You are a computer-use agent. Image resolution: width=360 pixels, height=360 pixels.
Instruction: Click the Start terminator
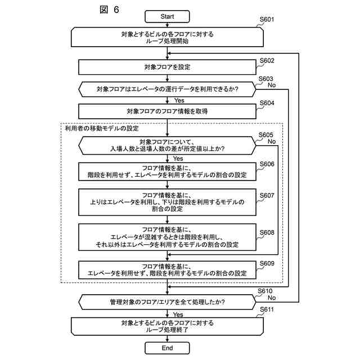(167, 16)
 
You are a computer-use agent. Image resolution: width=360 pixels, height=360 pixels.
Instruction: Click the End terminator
(167, 348)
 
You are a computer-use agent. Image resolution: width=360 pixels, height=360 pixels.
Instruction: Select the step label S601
(267, 20)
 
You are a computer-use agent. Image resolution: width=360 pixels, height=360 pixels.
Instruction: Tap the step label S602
(267, 61)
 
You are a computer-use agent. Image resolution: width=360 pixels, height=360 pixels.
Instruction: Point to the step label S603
(265, 79)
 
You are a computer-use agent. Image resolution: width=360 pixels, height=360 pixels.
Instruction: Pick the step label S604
(267, 103)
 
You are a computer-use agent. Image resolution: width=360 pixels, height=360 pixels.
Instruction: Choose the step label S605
(265, 135)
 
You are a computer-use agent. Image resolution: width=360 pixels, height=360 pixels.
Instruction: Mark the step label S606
(267, 164)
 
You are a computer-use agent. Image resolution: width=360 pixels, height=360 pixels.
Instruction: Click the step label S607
(267, 195)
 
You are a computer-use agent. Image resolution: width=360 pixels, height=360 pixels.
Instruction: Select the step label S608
(267, 232)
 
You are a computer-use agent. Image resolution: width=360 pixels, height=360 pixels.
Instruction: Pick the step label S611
(267, 310)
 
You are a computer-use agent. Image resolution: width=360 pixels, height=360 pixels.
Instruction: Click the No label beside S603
(272, 85)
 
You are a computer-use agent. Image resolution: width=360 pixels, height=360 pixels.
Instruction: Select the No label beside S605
(272, 142)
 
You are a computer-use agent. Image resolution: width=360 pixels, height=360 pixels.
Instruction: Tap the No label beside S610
(272, 298)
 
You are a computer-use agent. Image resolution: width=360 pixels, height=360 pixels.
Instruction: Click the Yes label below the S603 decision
(179, 101)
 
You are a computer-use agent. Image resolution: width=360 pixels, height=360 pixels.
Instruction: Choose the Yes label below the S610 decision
(178, 314)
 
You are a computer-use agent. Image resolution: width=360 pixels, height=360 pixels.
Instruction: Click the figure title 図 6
(109, 10)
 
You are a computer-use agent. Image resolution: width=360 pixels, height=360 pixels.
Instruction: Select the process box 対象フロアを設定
(167, 67)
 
